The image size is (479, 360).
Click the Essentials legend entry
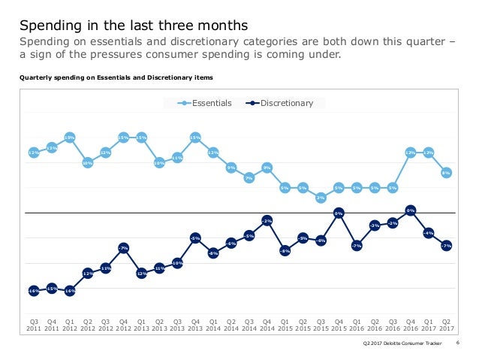pos(209,103)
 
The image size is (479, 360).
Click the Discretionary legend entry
pos(286,103)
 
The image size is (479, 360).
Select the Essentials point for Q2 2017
pos(446,172)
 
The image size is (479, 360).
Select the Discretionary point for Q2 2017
pos(446,246)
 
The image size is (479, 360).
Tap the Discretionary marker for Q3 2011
pos(34,290)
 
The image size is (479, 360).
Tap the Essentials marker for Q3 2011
pos(34,153)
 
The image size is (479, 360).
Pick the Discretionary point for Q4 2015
pos(339,213)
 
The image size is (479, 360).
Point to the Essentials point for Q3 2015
pos(321,198)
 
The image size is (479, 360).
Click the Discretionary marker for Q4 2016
pos(411,210)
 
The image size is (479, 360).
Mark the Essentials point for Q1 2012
pos(70,138)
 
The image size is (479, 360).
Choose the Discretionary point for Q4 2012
pos(123,247)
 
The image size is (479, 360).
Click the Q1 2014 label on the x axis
pos(213,323)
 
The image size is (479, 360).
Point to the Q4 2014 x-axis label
pos(267,323)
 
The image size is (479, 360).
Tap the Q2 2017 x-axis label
pos(446,323)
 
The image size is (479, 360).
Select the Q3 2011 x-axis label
pos(34,323)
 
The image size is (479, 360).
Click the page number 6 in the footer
pos(458,343)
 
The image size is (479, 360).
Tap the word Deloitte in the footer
pos(395,343)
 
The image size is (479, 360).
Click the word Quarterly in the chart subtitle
pos(35,77)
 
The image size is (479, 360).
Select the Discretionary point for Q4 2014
pos(267,220)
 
